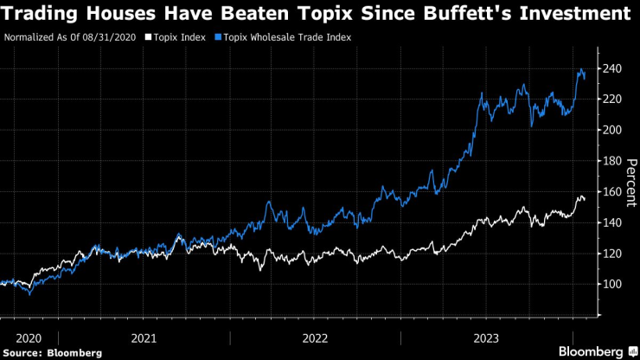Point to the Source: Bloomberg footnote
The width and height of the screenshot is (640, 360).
(53, 352)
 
